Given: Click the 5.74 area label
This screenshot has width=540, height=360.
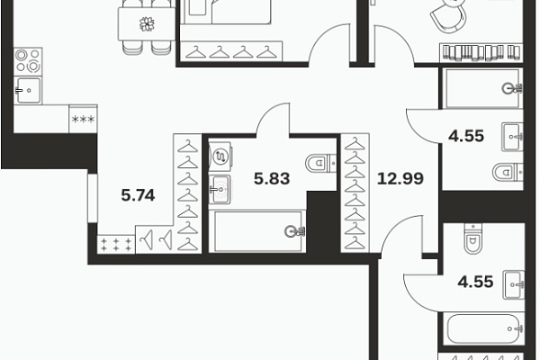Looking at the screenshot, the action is coord(138,195).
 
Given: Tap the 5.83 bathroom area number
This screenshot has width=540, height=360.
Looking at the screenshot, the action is coord(272,178).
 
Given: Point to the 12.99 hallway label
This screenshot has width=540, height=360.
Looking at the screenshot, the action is coord(400,178).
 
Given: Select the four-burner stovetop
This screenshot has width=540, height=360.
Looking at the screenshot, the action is coord(28,62).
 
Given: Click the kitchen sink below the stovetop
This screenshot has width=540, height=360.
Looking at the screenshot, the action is coord(28,90).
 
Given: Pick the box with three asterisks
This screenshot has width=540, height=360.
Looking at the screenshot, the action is coord(83,119).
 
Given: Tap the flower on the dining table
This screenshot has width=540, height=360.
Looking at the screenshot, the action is coord(147,24).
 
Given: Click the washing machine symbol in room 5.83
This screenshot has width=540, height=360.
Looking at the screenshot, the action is coord(220,157).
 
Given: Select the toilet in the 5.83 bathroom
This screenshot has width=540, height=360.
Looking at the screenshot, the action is coord(321,163).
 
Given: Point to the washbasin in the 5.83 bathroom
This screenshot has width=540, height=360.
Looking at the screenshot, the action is coord(220,189).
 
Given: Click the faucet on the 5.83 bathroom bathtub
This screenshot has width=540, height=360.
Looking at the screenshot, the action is coord(293,231).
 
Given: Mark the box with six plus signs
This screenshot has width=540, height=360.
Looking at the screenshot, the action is coord(116,244).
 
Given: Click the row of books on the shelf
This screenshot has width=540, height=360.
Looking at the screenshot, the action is coord(481,52).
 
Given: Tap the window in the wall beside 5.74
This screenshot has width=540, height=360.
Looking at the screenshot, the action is coord(93,198).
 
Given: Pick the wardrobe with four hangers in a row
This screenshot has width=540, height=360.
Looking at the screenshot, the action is coord(231,51).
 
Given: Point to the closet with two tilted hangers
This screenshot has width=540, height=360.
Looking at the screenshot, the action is coord(154,239).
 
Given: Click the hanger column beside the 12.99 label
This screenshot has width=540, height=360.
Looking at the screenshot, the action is coord(355,193).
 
